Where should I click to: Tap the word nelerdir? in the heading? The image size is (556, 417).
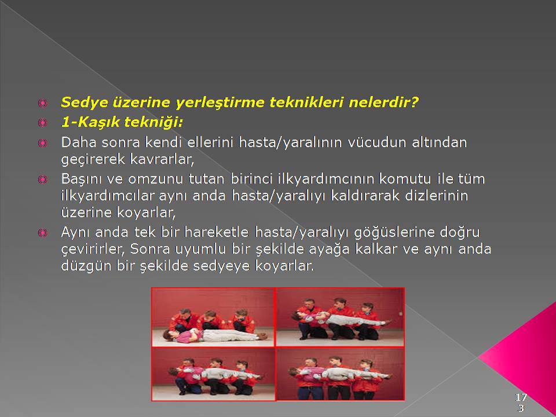(383, 103)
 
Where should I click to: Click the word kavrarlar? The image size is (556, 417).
(162, 159)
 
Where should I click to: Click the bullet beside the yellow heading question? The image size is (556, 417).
(42, 103)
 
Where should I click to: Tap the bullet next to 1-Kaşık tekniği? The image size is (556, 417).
(42, 123)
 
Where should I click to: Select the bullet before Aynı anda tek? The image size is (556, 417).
(42, 233)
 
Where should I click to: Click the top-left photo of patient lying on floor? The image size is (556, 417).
(213, 317)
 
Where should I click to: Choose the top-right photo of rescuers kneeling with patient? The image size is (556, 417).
(340, 317)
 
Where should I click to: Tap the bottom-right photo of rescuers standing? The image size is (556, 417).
(340, 374)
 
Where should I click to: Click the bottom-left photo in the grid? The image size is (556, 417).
(213, 374)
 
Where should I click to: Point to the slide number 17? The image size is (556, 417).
(521, 397)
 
